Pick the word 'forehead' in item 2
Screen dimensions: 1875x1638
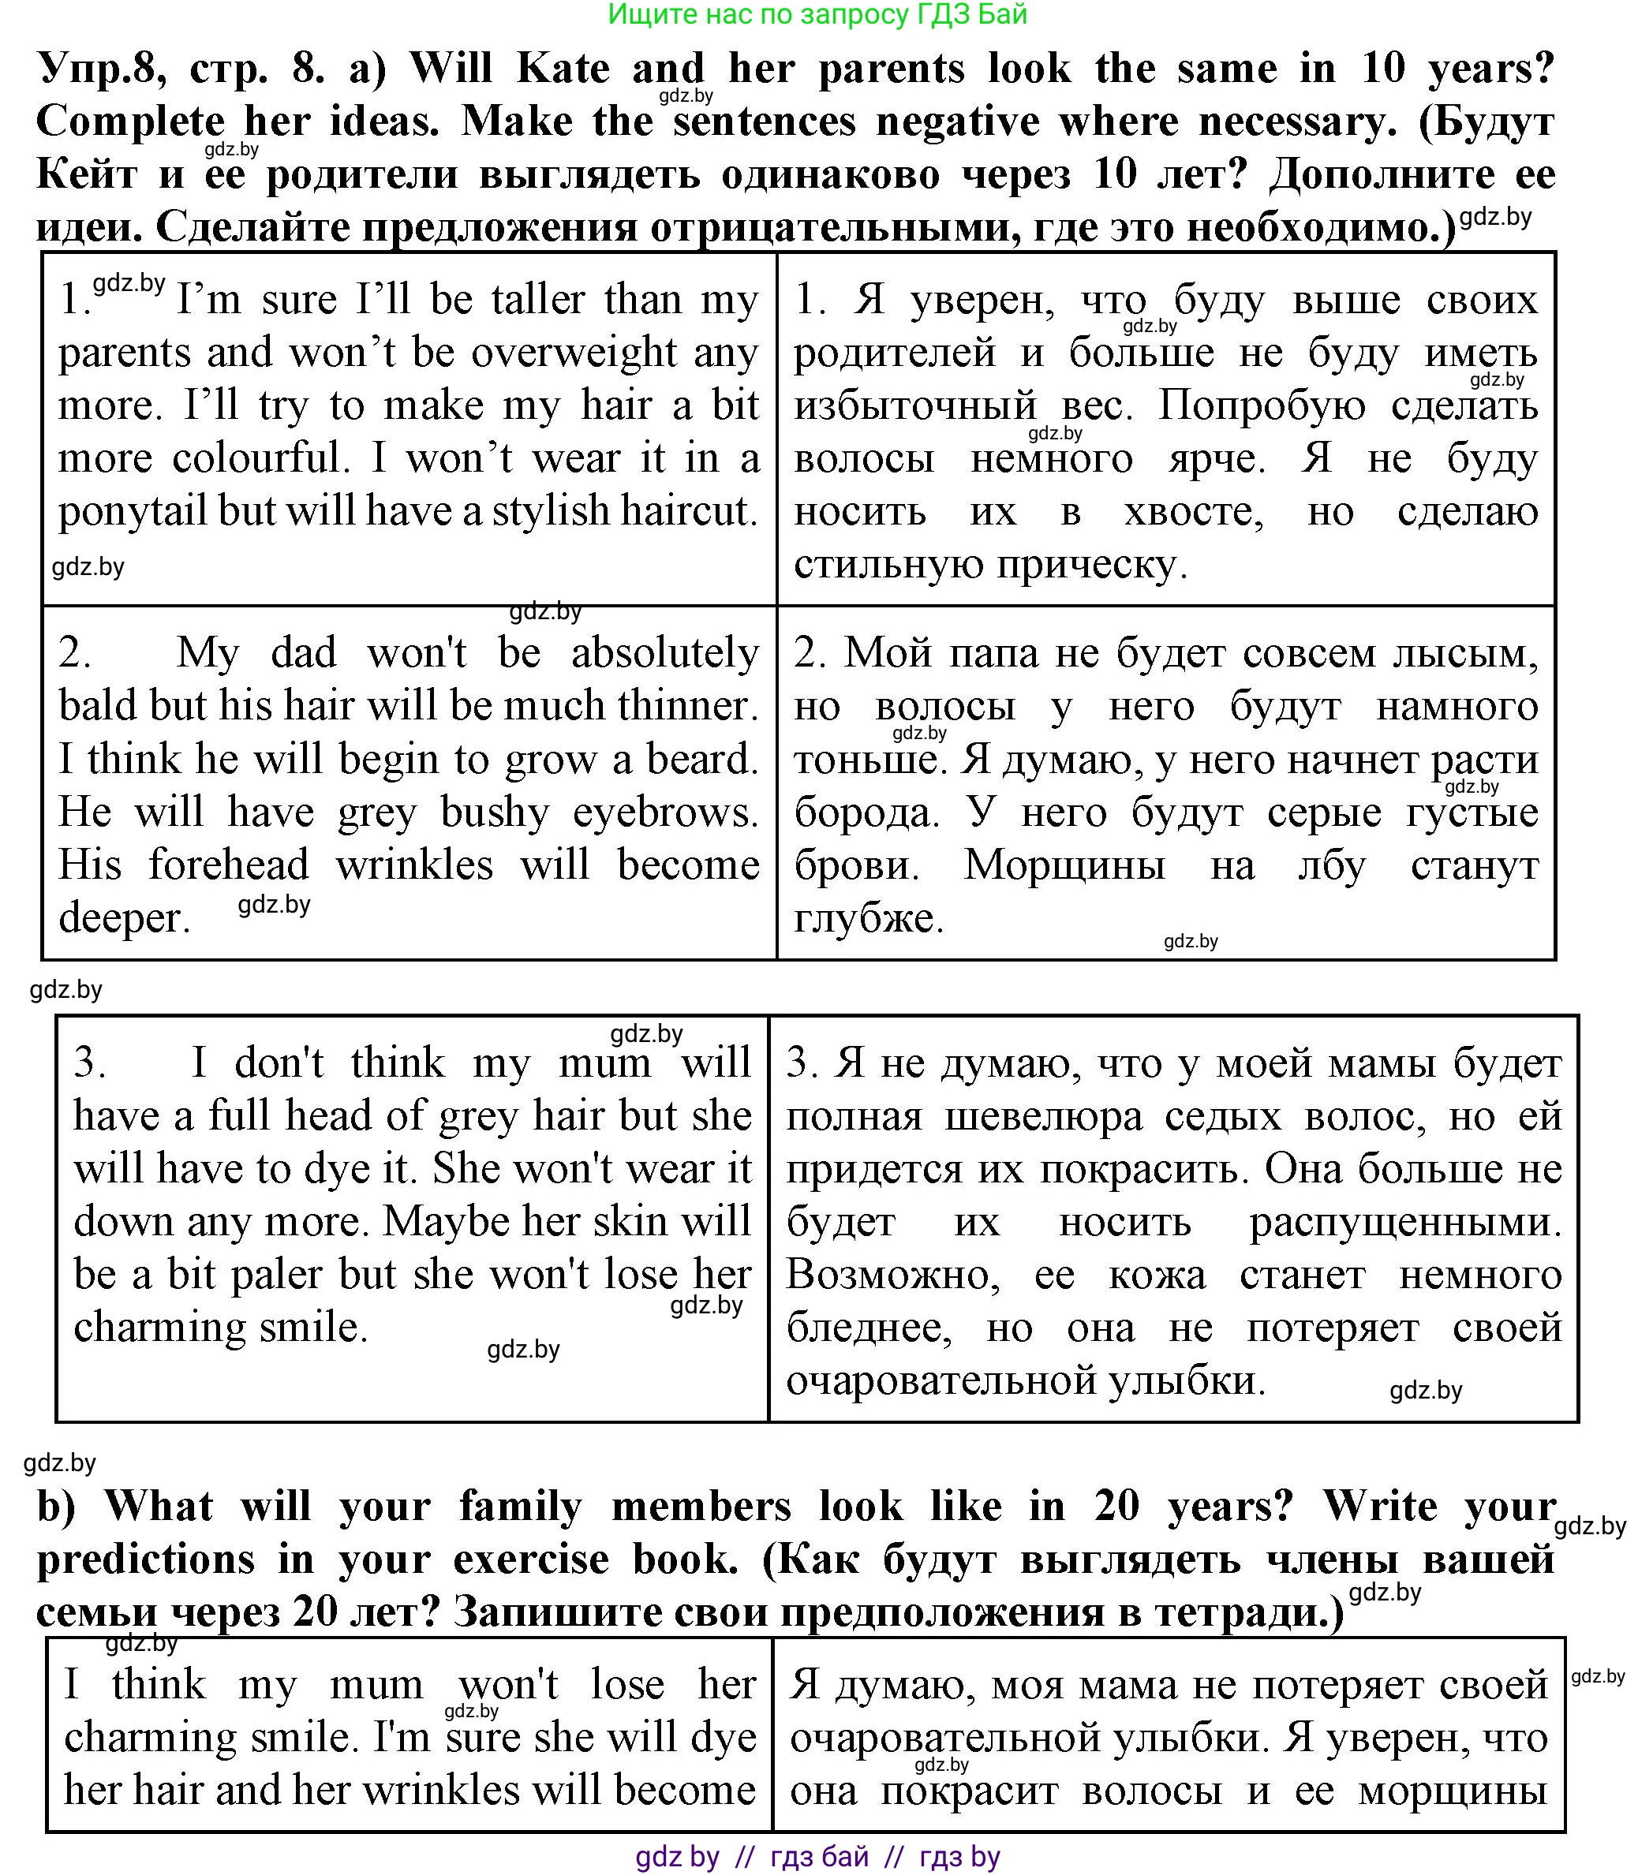(x=229, y=865)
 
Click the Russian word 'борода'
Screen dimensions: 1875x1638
(x=866, y=812)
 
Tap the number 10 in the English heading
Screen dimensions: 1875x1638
(x=1383, y=69)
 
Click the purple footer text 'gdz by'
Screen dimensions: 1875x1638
(x=677, y=1857)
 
